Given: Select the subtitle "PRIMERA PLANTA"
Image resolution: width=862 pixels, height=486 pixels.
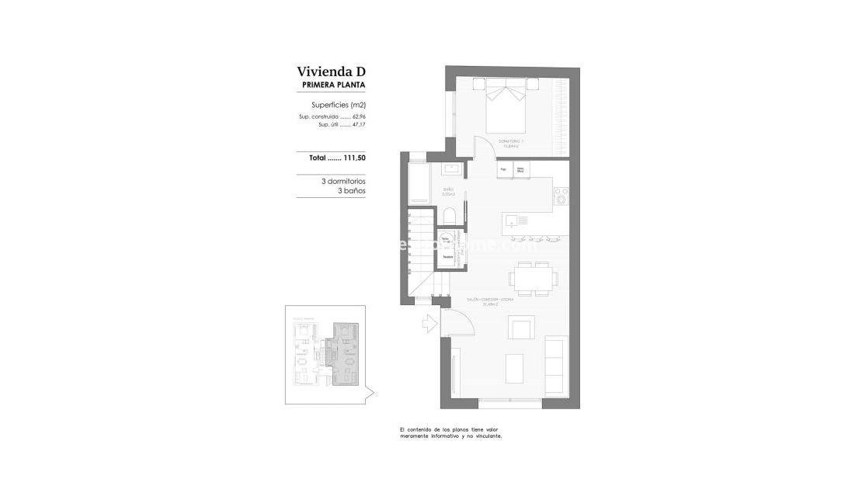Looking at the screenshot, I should coord(333,85).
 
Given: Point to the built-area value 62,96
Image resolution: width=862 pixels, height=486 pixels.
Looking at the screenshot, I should coord(358,116).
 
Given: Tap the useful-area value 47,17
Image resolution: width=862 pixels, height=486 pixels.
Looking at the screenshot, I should coord(358,123).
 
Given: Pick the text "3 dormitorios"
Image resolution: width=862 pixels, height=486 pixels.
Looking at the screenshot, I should coord(343,181).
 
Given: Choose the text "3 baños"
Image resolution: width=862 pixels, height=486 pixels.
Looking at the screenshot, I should coord(351,190).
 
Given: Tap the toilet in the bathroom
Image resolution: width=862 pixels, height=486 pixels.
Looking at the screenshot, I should coord(450,214).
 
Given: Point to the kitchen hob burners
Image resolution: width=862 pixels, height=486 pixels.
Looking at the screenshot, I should coord(561,197).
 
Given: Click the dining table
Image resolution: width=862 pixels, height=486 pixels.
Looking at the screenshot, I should coord(532,278).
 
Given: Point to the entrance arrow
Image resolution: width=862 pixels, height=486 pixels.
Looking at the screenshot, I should coord(429,325).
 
